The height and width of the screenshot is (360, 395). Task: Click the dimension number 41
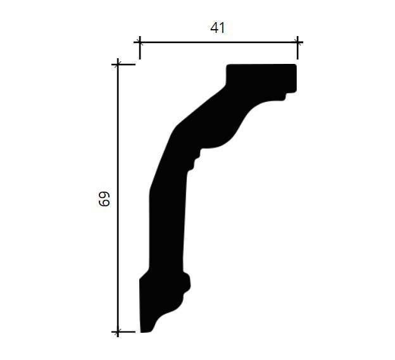coord(217,28)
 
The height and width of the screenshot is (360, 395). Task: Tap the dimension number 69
coord(104,199)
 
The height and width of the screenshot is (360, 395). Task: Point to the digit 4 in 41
coord(215,28)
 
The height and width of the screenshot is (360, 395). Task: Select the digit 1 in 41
coord(222,28)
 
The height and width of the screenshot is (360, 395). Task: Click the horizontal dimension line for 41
coord(218,42)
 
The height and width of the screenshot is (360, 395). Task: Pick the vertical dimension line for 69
coord(118,198)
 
